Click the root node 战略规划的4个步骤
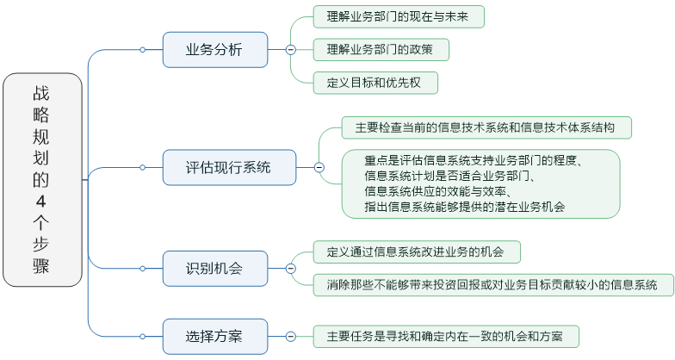click(42, 179)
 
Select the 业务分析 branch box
click(214, 50)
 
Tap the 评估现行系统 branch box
click(228, 167)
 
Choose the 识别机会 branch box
click(214, 269)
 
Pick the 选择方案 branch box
click(214, 336)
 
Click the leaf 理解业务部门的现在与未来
click(398, 16)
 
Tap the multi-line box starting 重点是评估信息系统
click(479, 183)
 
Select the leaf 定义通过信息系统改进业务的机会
click(415, 252)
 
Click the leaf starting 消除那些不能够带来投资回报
click(492, 284)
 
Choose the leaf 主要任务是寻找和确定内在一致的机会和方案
click(444, 336)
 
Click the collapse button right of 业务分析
click(290, 50)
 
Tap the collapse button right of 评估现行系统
click(319, 167)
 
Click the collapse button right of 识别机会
click(290, 269)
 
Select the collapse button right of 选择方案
click(290, 336)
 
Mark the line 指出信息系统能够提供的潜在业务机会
click(465, 207)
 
